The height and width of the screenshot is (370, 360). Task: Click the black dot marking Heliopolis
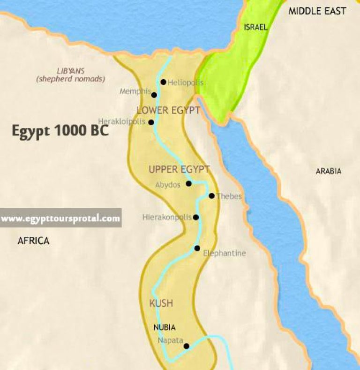[x=163, y=82]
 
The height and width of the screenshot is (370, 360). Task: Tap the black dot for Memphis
[x=154, y=95]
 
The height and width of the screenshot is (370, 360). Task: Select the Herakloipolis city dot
[x=151, y=122]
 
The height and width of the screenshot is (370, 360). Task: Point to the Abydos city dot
[x=188, y=184]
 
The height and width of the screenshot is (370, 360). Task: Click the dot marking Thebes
[x=211, y=196]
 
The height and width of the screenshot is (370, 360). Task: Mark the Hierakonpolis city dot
[x=196, y=217]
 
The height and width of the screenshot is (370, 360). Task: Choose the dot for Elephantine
[x=197, y=248]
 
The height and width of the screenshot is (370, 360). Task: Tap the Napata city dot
[x=186, y=347]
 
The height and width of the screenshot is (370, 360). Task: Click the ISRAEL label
[x=255, y=27]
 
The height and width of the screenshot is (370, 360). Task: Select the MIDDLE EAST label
[x=317, y=11]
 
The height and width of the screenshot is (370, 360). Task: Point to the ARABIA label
[x=328, y=171]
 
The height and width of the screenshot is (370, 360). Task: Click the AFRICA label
[x=33, y=241]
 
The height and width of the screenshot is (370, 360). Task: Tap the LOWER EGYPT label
[x=168, y=111]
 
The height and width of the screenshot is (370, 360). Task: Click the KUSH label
[x=161, y=303]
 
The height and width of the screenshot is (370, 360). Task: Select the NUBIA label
[x=165, y=327]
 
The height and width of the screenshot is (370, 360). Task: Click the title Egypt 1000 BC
[x=60, y=131]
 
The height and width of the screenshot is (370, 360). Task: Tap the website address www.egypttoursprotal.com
[x=60, y=218]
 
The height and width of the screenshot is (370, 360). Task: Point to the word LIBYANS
[x=70, y=71]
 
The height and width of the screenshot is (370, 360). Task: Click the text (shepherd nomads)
[x=70, y=79]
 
